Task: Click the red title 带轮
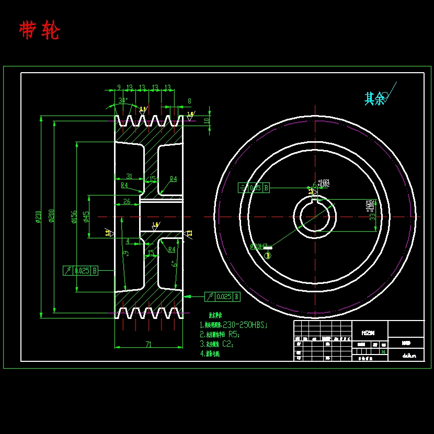point(39,31)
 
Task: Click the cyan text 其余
point(374,98)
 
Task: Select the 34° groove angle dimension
point(122,100)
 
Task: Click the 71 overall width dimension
point(149,344)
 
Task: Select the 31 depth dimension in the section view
point(129,177)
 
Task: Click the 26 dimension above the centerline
point(127,201)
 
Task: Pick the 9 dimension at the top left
point(119,87)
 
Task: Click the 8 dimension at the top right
point(189,101)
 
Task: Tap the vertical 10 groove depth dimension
point(207,120)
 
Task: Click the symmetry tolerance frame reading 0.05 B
point(254,188)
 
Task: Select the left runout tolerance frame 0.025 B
point(81,270)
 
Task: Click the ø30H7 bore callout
point(259,246)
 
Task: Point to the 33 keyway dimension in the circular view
point(372,215)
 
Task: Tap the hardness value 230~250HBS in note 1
point(245,325)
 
